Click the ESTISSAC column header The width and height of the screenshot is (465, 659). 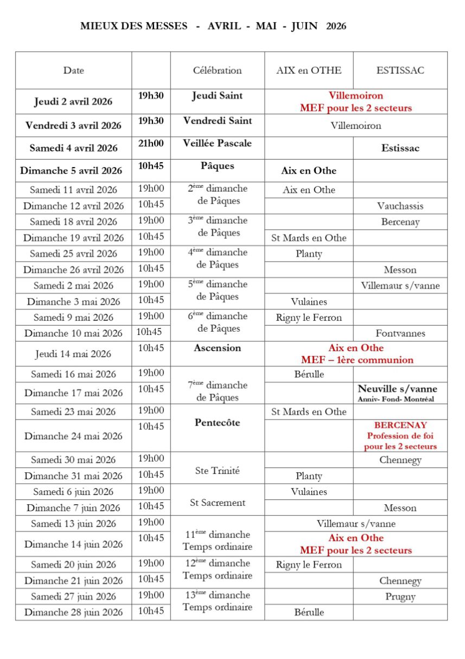[x=400, y=71]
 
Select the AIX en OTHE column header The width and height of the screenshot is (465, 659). [x=309, y=71]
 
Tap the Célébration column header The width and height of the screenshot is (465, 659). [x=217, y=71]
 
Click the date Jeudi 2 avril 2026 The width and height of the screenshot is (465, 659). [x=73, y=102]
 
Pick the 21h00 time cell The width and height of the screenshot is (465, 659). [x=151, y=143]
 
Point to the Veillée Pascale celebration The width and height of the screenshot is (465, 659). [x=217, y=143]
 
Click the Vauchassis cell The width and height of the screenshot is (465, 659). [x=400, y=206]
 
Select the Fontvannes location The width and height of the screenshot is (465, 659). [x=400, y=333]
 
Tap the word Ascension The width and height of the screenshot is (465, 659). [x=217, y=348]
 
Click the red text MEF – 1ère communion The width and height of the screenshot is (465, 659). [x=356, y=360]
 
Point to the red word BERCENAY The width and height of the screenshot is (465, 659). [x=400, y=425]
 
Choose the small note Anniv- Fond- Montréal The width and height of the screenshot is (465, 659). [x=396, y=399]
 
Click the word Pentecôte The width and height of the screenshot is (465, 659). [x=217, y=422]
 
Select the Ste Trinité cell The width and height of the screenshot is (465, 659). [x=217, y=471]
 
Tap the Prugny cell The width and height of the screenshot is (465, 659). [x=400, y=597]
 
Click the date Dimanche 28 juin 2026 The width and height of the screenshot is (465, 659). [x=73, y=612]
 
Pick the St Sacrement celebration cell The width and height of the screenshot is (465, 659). [x=217, y=503]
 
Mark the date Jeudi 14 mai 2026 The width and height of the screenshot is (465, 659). [x=73, y=354]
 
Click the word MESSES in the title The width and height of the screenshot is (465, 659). [x=163, y=26]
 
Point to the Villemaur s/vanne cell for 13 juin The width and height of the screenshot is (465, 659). [x=356, y=524]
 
